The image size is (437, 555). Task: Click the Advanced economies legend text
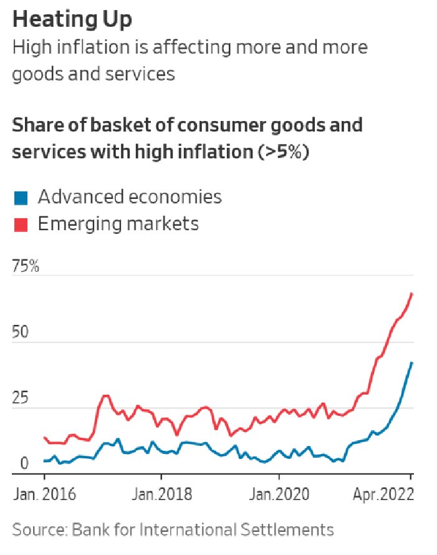pyautogui.click(x=130, y=198)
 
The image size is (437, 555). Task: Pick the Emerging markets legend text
pyautogui.click(x=118, y=224)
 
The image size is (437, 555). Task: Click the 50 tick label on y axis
pyautogui.click(x=21, y=332)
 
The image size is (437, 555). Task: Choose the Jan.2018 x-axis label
pyautogui.click(x=161, y=495)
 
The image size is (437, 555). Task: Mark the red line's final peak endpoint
pyautogui.click(x=412, y=293)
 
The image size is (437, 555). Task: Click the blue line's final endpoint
pyautogui.click(x=412, y=362)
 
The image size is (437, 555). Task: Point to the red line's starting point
pyautogui.click(x=44, y=437)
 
